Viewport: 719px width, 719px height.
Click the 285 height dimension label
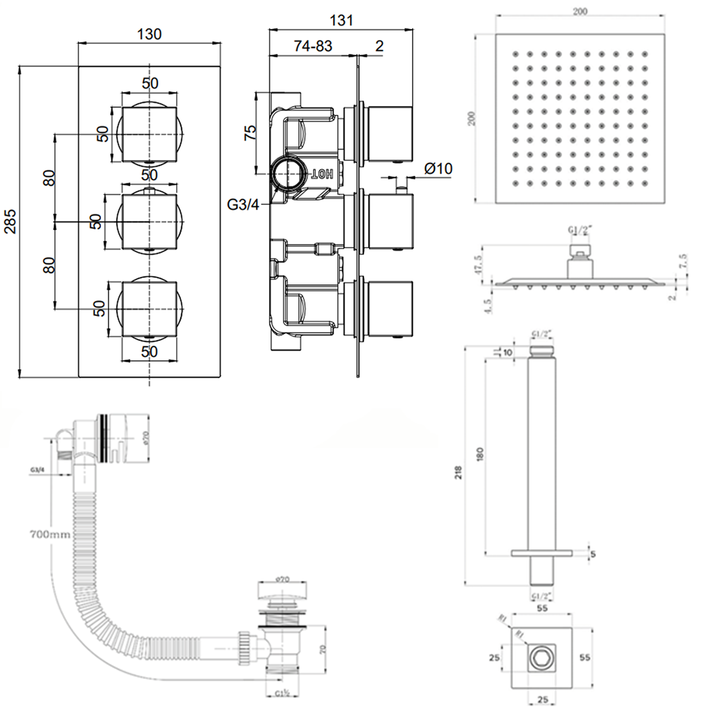tap(11, 221)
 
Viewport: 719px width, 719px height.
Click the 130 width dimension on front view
tap(149, 35)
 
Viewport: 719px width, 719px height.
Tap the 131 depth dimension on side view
tap(341, 21)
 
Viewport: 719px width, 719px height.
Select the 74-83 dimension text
tap(313, 46)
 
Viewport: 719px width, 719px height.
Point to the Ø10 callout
tap(438, 169)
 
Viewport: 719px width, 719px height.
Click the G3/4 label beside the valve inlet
tap(243, 205)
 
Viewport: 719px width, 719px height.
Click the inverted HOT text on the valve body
tap(323, 174)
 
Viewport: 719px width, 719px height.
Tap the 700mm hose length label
tap(50, 534)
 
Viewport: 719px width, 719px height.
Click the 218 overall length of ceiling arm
tap(459, 472)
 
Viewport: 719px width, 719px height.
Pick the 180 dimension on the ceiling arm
tap(480, 454)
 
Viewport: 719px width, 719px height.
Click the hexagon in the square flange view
tap(542, 658)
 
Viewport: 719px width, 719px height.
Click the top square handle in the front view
tap(150, 134)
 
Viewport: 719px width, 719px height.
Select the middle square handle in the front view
tap(150, 221)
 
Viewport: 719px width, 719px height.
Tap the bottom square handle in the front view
tap(150, 309)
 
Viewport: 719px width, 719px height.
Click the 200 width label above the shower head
tap(580, 12)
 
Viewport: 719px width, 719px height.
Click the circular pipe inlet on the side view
tap(288, 173)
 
